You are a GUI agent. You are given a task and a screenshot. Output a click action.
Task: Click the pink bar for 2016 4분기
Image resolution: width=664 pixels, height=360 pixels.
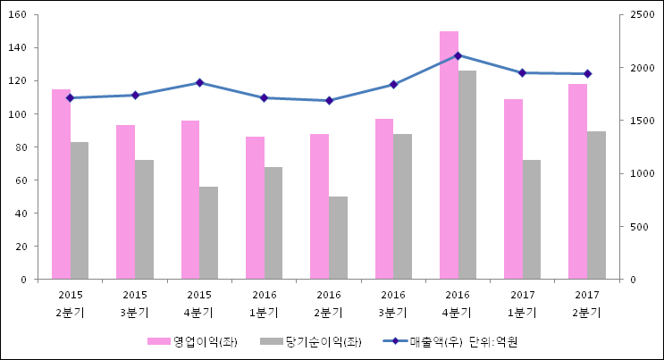coord(449,155)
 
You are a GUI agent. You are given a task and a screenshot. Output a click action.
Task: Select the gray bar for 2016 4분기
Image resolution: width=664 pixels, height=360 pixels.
coord(467,175)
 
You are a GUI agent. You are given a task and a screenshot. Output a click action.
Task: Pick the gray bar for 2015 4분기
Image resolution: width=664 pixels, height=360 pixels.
coord(208,233)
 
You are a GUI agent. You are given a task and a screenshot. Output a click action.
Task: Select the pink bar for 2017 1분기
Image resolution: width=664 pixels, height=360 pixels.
coord(513,189)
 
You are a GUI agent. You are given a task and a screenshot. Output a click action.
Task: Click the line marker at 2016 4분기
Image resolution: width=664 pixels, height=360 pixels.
coord(458,55)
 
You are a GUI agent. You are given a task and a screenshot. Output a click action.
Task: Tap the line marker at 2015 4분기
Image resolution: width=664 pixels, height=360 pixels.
coord(199,82)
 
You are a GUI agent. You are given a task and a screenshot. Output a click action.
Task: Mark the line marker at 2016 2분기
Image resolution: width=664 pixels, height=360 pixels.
coord(329,100)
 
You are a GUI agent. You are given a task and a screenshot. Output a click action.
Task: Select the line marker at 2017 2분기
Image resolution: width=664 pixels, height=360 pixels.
coord(587,73)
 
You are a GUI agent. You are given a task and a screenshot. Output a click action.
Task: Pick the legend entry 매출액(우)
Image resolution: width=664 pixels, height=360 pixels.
coord(431,341)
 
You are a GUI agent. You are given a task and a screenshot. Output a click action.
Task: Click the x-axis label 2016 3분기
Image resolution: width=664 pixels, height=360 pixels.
coord(393,303)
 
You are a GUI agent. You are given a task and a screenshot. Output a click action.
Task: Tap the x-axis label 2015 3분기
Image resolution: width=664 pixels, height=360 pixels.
coord(135,303)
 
